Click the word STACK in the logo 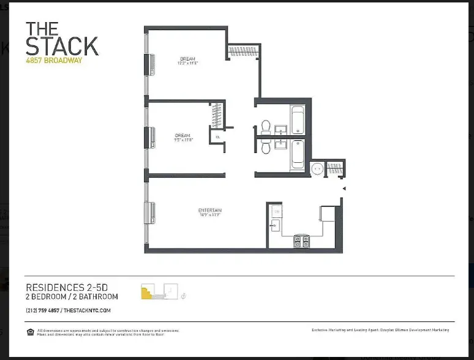[x=61, y=46]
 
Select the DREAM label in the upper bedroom [x=188, y=59]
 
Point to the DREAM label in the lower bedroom [x=182, y=135]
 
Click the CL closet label [x=217, y=137]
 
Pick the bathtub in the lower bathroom [x=297, y=154]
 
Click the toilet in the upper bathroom [x=266, y=127]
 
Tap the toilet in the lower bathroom [x=266, y=147]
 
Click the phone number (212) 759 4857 [x=42, y=310]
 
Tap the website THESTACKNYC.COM [x=86, y=310]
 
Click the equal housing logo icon [x=30, y=332]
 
